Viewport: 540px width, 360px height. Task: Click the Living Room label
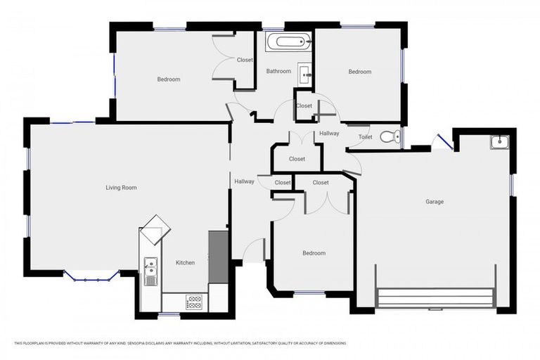point(121,188)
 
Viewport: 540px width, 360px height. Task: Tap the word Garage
point(434,202)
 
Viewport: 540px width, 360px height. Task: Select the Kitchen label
point(185,263)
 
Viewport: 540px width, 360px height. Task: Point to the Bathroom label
point(278,71)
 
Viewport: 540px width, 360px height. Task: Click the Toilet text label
point(365,137)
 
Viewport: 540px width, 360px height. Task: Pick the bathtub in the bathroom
point(288,42)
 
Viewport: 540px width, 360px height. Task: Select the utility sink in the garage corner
point(499,141)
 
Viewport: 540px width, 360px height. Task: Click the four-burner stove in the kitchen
point(194,302)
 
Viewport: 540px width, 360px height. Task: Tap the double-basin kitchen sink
point(150,271)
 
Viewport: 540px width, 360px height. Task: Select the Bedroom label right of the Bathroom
point(359,72)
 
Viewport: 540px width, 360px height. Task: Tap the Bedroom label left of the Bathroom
point(168,79)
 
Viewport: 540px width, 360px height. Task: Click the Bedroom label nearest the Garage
point(314,253)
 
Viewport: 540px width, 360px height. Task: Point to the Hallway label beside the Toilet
point(329,133)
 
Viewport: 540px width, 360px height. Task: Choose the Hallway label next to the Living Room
point(244,181)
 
